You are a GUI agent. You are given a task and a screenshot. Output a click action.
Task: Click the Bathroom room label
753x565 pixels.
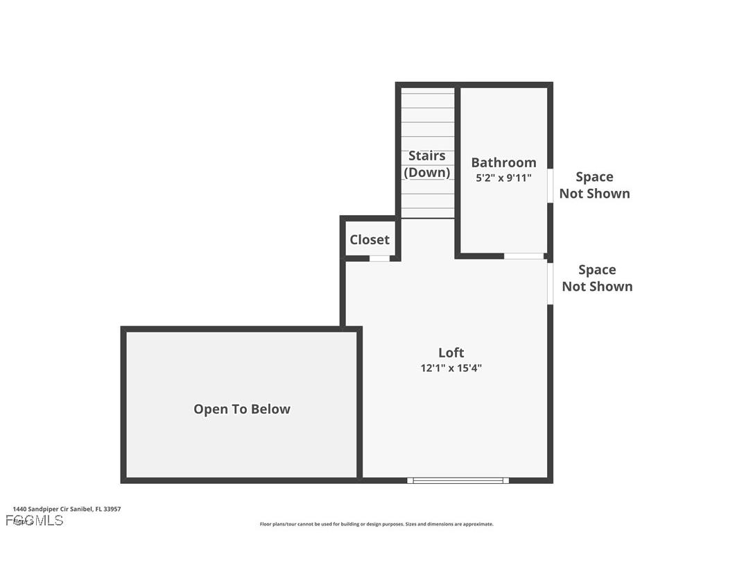tap(503, 162)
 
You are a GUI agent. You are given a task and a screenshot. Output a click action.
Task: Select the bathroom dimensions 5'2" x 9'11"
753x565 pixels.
tap(503, 178)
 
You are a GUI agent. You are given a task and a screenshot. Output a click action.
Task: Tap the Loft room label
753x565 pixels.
tap(451, 353)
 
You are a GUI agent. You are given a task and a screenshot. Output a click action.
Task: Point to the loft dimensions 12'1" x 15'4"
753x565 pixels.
tap(451, 369)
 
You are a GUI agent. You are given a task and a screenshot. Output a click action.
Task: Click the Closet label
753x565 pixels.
tap(369, 239)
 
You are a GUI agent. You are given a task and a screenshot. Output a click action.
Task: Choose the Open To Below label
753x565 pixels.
tap(241, 409)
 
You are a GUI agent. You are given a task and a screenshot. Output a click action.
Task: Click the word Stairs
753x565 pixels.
tap(426, 155)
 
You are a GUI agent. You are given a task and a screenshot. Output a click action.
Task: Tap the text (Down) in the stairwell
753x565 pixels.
tap(426, 172)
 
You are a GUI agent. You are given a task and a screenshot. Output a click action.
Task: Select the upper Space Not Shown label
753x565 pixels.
tap(594, 185)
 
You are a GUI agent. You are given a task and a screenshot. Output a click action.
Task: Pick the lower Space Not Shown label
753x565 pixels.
tap(597, 278)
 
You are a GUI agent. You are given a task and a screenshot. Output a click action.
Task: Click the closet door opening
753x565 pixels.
tap(379, 258)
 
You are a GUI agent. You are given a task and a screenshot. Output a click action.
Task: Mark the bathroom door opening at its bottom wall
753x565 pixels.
tap(523, 256)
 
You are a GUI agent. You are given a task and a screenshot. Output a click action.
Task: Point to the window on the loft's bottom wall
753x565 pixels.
tap(458, 480)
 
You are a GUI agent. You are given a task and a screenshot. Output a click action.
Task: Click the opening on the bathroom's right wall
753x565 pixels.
tap(550, 186)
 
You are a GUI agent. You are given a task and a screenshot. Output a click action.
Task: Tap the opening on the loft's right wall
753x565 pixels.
tap(550, 283)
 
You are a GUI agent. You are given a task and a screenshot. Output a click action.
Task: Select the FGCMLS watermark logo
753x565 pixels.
tap(34, 521)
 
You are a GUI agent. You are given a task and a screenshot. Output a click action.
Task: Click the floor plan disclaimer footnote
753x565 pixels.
tap(376, 524)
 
